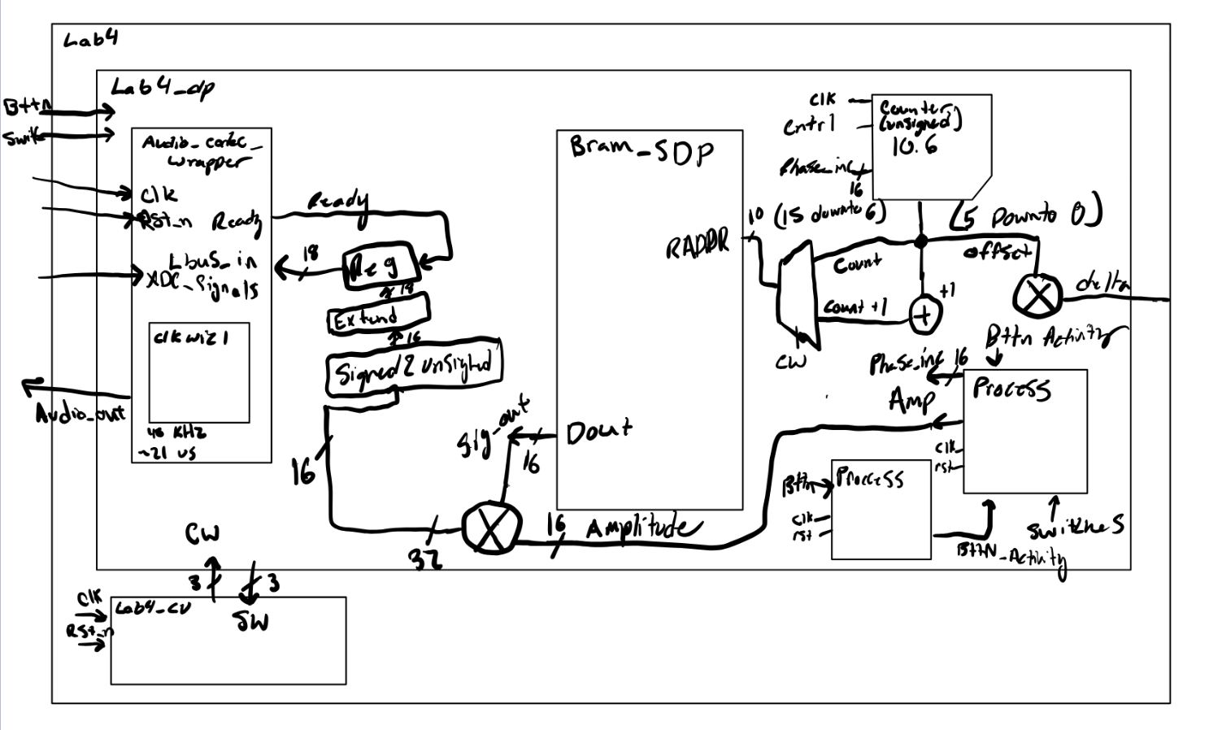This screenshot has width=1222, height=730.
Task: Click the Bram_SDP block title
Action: pyautogui.click(x=641, y=150)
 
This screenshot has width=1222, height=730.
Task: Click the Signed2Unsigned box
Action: pyautogui.click(x=414, y=371)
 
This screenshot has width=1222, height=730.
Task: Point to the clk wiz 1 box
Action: pyautogui.click(x=198, y=372)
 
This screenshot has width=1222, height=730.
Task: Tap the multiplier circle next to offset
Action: pyautogui.click(x=1037, y=293)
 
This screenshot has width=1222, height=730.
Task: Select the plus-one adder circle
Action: pyautogui.click(x=924, y=314)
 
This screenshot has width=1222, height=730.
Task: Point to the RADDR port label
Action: pyautogui.click(x=697, y=245)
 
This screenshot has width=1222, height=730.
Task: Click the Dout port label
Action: pyautogui.click(x=598, y=431)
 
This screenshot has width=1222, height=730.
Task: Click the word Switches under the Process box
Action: pyautogui.click(x=1075, y=529)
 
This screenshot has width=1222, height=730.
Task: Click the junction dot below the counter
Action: pyautogui.click(x=920, y=241)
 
